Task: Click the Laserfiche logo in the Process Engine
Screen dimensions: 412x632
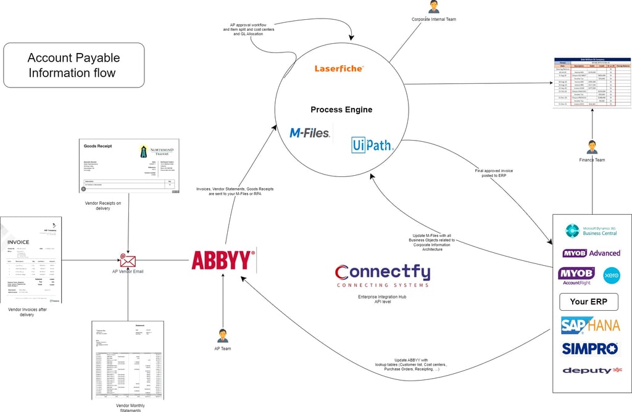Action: pos(339,68)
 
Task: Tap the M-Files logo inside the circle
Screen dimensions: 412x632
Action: pos(310,133)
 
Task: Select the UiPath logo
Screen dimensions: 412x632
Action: pos(372,145)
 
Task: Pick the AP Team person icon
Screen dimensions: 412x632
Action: pos(222,336)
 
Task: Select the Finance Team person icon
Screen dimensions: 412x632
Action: pos(592,147)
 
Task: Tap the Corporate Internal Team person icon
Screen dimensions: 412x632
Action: pos(433,7)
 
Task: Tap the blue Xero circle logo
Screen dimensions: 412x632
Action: pos(611,275)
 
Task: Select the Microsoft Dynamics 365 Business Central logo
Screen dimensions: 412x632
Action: pos(592,231)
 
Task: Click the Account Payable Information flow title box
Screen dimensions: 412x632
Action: pos(73,65)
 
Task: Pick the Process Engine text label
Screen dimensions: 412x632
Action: pos(341,110)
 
